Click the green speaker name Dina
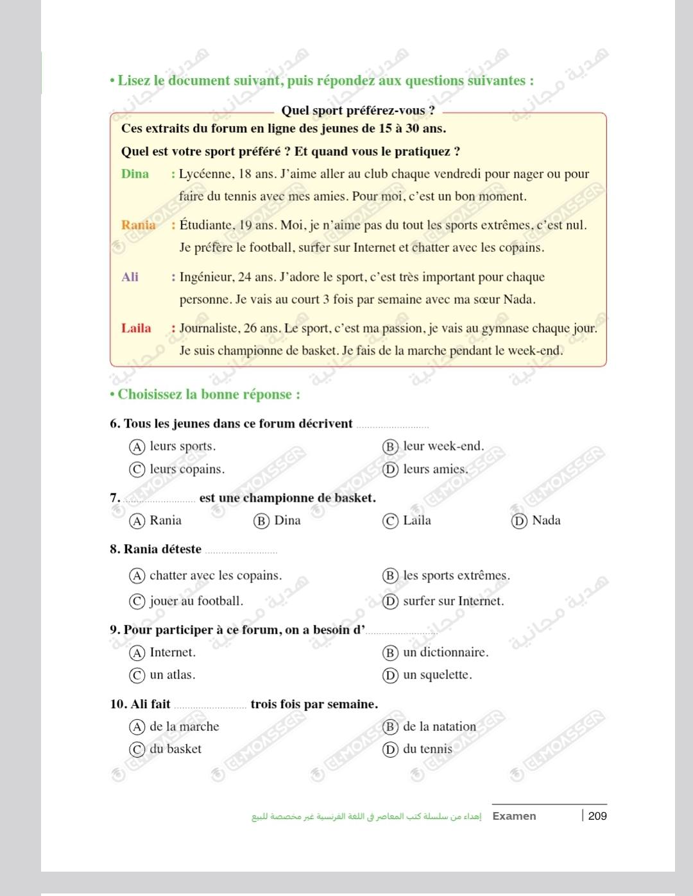[x=135, y=174]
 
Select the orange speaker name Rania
[x=138, y=225]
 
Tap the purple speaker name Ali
[x=130, y=277]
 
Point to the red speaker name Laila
[x=136, y=328]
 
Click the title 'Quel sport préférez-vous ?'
[x=358, y=110]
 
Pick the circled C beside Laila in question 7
[x=390, y=521]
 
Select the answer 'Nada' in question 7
[x=546, y=520]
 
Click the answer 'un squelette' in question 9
[x=437, y=675]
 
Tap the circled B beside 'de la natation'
[x=390, y=727]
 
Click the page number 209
[x=597, y=816]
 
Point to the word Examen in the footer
[x=514, y=816]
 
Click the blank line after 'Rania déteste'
[x=241, y=551]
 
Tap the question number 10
[x=118, y=704]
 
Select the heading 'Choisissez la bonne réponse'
[x=209, y=394]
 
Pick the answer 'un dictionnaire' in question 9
[x=445, y=652]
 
